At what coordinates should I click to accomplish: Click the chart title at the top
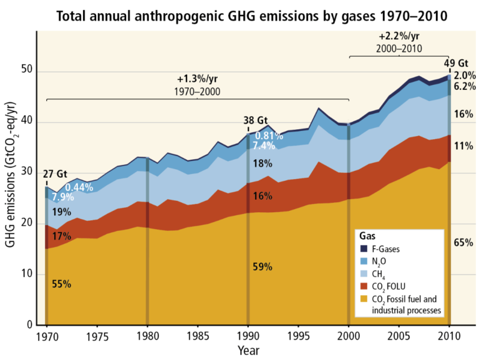click(239, 15)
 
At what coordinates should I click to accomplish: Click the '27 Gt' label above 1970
click(54, 174)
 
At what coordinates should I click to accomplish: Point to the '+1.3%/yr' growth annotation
click(197, 79)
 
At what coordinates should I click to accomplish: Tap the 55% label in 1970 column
click(61, 284)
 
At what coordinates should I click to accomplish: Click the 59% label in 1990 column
click(263, 267)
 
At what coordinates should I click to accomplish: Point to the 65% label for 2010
click(462, 243)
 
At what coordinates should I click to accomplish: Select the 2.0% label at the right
click(463, 76)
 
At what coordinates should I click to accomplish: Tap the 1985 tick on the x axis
click(198, 336)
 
